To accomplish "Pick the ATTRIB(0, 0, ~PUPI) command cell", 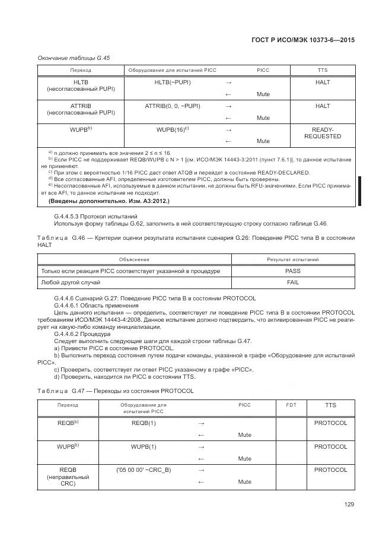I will (x=173, y=106).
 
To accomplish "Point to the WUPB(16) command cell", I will (x=173, y=129).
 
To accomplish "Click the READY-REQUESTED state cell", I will (x=323, y=133).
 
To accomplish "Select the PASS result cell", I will (x=293, y=271).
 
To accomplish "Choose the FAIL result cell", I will (x=293, y=283).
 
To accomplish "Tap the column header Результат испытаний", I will (x=293, y=259).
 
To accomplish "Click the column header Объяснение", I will (x=134, y=259).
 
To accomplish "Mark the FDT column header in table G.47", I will (x=291, y=405).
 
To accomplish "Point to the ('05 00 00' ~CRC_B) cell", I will (x=144, y=470).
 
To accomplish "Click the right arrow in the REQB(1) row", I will (x=200, y=423).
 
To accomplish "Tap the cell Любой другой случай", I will (x=70, y=283).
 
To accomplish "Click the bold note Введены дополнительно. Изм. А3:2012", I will (x=109, y=201).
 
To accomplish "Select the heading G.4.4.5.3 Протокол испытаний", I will (x=95, y=215).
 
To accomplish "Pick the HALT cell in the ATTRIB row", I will (x=323, y=106).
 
